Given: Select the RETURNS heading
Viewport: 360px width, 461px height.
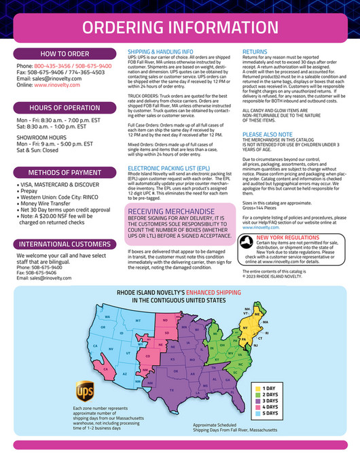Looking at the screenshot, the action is pyautogui.click(x=254, y=51).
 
